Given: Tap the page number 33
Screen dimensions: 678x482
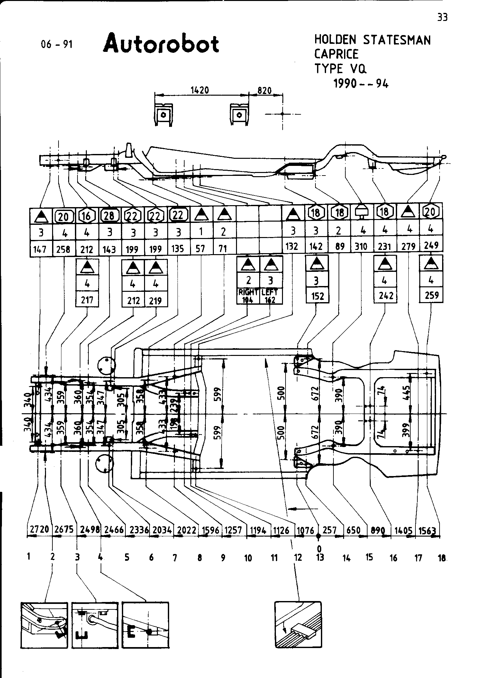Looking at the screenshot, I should [x=442, y=17].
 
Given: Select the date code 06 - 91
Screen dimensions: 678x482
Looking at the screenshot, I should [x=57, y=44].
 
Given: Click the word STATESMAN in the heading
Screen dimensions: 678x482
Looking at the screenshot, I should [x=397, y=40].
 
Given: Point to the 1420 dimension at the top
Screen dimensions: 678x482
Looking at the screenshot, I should [x=200, y=91].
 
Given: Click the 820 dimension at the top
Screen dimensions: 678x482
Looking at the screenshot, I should [x=265, y=91].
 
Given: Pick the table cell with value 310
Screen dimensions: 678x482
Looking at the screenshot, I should [x=361, y=247].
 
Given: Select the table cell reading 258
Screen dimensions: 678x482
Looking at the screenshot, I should [x=63, y=249].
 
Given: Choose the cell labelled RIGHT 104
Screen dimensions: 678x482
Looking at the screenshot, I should [x=248, y=296].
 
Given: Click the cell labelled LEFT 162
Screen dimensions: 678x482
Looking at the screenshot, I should [x=270, y=296].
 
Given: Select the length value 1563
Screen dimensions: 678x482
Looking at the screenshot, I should [x=427, y=530].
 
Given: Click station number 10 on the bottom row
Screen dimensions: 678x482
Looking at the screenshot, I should [x=248, y=558].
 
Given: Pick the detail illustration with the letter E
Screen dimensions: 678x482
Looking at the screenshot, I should [x=145, y=625].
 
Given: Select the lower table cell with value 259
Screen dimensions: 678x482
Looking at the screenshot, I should [x=432, y=295].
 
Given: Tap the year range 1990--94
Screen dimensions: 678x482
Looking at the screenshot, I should [x=361, y=84].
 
